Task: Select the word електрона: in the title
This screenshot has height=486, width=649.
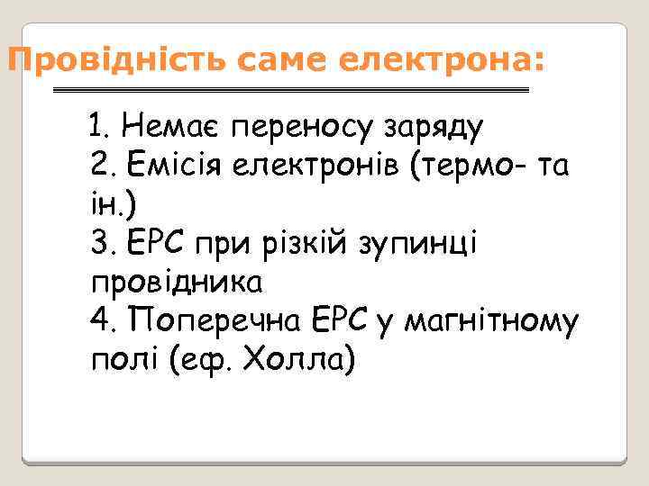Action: (442, 62)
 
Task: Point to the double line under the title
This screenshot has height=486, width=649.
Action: (291, 91)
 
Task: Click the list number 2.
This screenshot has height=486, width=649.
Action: (103, 166)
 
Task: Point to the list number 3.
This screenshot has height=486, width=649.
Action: (103, 244)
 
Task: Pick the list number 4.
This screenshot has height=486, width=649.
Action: (103, 321)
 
